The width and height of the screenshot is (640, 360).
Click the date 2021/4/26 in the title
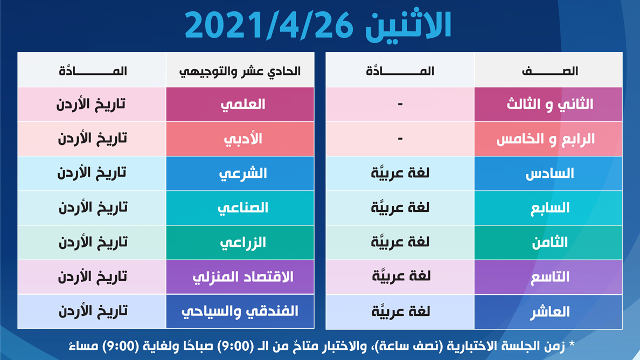[x=269, y=26]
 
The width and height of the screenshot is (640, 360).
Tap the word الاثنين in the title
[x=408, y=25]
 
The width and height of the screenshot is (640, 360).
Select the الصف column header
[x=548, y=70]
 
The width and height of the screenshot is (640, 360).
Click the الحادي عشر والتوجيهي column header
[x=240, y=70]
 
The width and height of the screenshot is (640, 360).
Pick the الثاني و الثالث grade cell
[x=548, y=104]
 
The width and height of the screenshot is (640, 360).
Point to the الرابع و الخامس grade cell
[x=548, y=139]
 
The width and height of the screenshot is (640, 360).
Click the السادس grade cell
[x=548, y=174]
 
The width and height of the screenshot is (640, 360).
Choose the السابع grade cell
[x=548, y=208]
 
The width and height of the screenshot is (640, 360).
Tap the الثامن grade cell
[x=548, y=243]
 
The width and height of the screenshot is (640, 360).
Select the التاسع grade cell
[x=548, y=277]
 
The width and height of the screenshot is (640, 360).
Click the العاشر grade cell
[x=548, y=312]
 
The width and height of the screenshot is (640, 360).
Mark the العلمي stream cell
[x=240, y=104]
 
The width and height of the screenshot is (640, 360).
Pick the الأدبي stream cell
[x=240, y=139]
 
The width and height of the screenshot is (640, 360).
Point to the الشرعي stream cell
[x=240, y=174]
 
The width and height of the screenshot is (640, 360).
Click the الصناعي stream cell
[x=240, y=208]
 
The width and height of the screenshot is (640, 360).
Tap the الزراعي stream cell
[x=240, y=243]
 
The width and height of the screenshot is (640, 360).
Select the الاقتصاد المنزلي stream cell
[x=240, y=277]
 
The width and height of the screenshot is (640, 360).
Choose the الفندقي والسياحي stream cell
[x=240, y=312]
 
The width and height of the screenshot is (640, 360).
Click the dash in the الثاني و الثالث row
[x=400, y=105]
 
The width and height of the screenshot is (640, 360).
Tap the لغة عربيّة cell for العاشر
[x=400, y=312]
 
